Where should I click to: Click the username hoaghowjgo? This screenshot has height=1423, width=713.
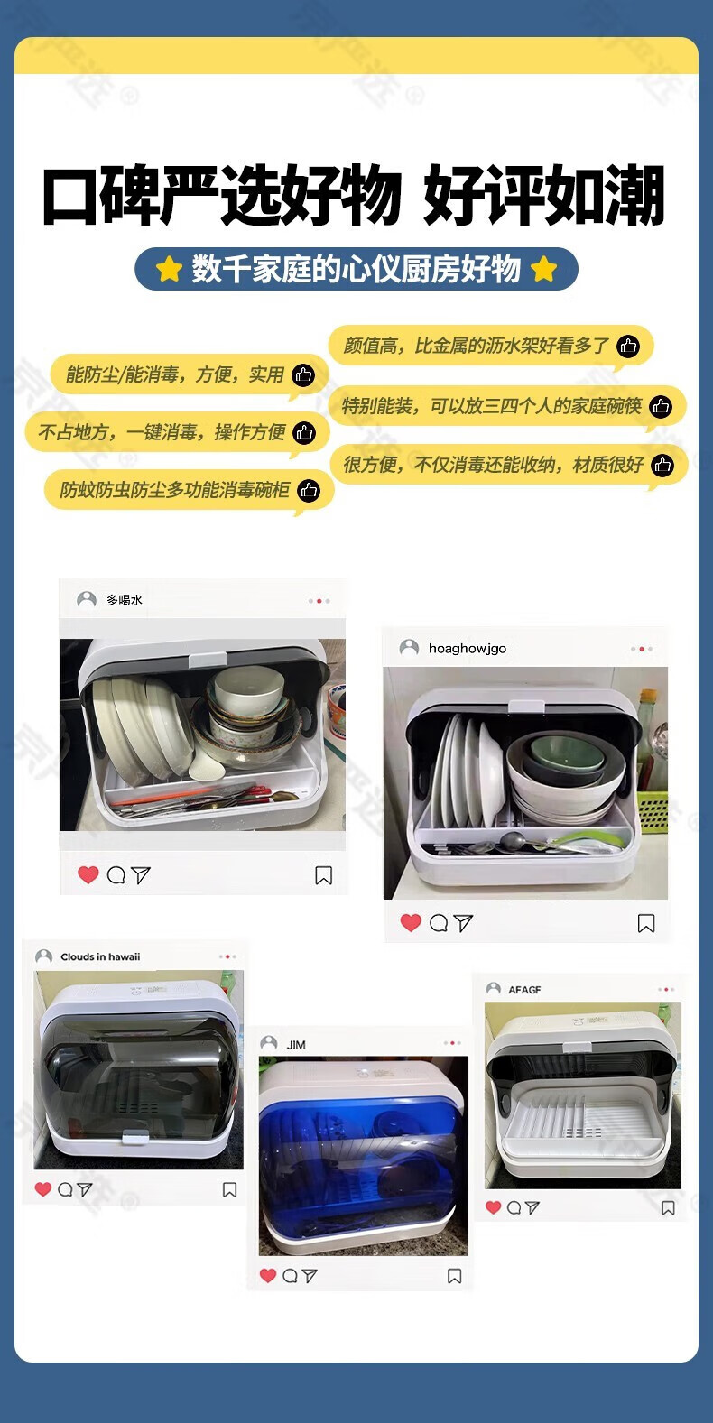pos(468,649)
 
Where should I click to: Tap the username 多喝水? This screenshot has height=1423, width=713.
pos(124,600)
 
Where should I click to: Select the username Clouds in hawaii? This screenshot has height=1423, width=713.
pos(100,956)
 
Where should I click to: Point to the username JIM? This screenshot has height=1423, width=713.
pos(296,1045)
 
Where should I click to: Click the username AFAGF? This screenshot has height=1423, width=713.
pos(524,990)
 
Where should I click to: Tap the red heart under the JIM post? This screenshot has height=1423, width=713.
pos(268,1275)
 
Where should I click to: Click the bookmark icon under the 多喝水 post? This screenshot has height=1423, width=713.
pos(323,875)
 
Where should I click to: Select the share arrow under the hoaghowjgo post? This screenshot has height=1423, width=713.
pos(463,922)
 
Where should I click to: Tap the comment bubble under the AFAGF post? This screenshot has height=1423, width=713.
pos(514,1207)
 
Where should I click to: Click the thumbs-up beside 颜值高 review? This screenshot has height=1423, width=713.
pos(628,347)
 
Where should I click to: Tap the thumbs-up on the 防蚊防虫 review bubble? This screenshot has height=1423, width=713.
pos(309,491)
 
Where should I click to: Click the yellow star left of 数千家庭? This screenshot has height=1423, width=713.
pos(169,269)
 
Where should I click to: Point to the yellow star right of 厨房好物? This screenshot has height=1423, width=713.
pos(544,269)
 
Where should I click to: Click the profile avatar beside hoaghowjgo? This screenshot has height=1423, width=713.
pos(409,647)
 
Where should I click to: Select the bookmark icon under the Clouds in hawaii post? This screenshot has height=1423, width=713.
pos(229,1189)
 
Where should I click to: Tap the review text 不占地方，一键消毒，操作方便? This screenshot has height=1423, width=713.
pos(162,432)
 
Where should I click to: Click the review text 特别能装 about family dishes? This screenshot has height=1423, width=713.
pos(491,406)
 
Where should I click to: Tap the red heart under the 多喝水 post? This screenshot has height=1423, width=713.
pos(88,874)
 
